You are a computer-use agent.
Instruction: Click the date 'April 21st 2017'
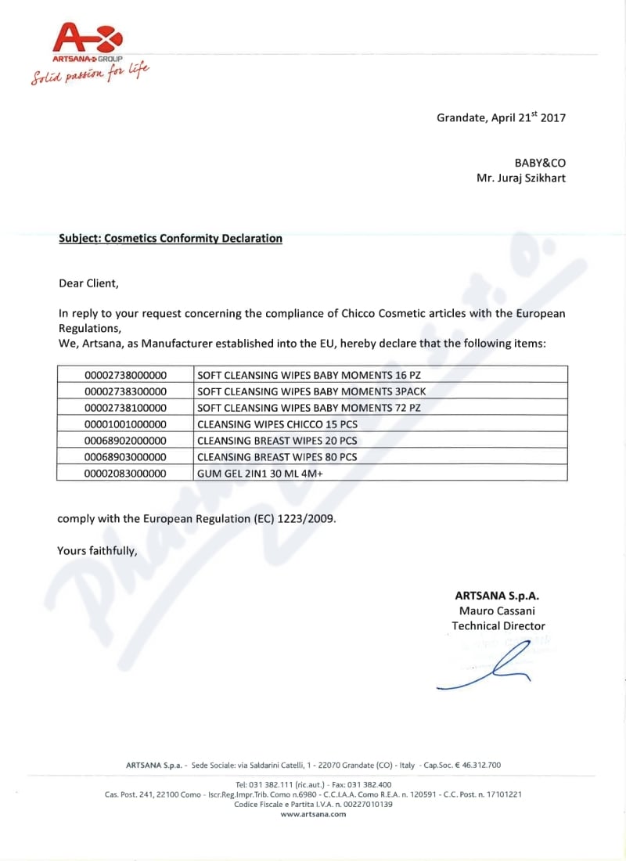[x=529, y=118]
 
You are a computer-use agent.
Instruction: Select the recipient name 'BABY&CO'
[x=540, y=163]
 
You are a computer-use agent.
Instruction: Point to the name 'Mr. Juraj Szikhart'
[x=521, y=178]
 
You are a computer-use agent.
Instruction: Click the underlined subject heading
[x=171, y=239]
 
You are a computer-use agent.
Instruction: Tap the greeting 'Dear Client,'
[x=89, y=283]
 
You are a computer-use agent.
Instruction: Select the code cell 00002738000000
[x=126, y=374]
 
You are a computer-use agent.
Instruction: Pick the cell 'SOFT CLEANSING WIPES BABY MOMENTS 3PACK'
[x=311, y=391]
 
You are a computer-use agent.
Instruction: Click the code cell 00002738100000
[x=126, y=408]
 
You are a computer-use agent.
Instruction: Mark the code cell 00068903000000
[x=126, y=457]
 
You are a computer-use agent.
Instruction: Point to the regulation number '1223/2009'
[x=311, y=519]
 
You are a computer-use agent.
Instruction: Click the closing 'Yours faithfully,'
[x=97, y=551]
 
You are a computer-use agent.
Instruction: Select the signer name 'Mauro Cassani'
[x=497, y=611]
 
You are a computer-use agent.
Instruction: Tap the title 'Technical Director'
[x=498, y=626]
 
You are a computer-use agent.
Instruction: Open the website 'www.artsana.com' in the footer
[x=313, y=814]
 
